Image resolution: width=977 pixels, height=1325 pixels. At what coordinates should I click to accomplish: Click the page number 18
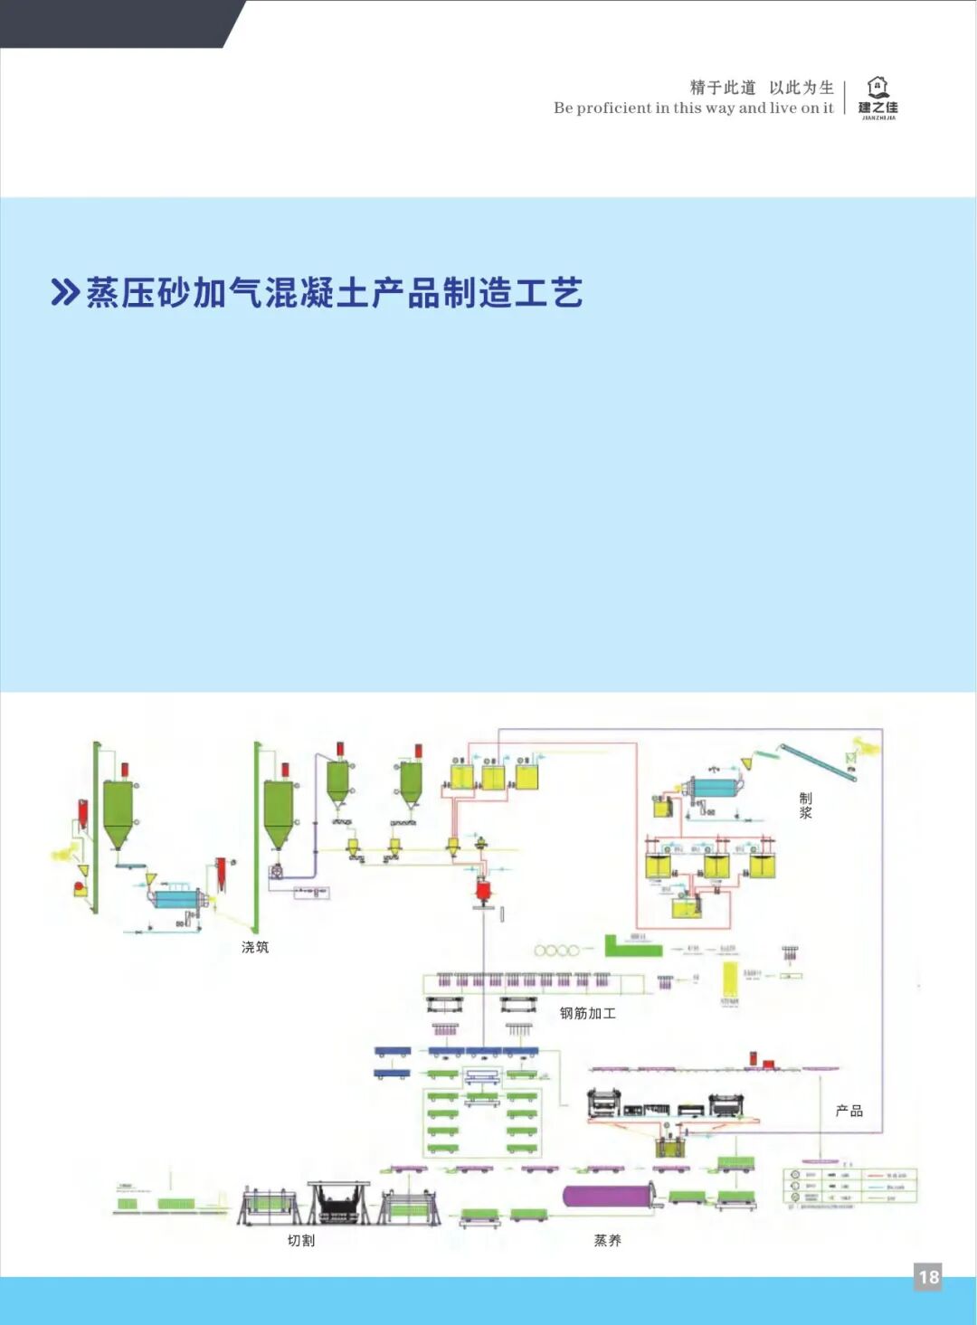pos(928,1277)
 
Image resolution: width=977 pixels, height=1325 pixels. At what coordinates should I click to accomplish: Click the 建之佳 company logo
pos(877,98)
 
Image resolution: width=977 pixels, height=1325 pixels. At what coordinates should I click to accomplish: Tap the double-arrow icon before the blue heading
pos(64,293)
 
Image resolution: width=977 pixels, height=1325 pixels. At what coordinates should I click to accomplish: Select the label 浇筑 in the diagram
pos(255,947)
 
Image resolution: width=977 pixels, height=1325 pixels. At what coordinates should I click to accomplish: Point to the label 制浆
pos(805,805)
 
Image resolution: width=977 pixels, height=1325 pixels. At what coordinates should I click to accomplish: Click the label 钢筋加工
pos(587,1013)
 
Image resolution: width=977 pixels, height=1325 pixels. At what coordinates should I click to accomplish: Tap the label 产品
pos(849,1111)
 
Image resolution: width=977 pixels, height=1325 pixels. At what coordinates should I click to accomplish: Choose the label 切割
pos(301,1240)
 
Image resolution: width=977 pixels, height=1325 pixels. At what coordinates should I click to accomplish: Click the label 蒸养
pos(608,1240)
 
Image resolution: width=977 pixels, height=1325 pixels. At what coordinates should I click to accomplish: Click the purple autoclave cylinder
pos(608,1196)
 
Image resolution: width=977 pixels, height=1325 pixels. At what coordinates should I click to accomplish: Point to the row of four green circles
pos(556,950)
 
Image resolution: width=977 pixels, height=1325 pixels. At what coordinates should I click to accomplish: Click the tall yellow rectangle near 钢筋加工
pos(729,980)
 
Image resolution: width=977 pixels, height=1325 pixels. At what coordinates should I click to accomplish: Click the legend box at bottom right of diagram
pos(850,1186)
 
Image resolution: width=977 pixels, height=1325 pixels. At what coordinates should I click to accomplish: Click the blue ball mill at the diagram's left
pos(177,898)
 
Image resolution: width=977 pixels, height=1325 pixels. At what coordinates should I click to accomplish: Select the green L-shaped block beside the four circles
pos(631,946)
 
